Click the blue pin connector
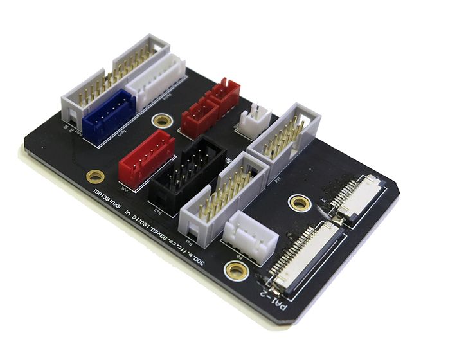[x=109, y=114]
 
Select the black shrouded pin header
[x=188, y=169]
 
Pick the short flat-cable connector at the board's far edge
[x=358, y=197]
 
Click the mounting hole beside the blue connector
[x=161, y=121]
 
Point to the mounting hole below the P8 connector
[x=237, y=270]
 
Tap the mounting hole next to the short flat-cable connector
[x=300, y=203]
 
